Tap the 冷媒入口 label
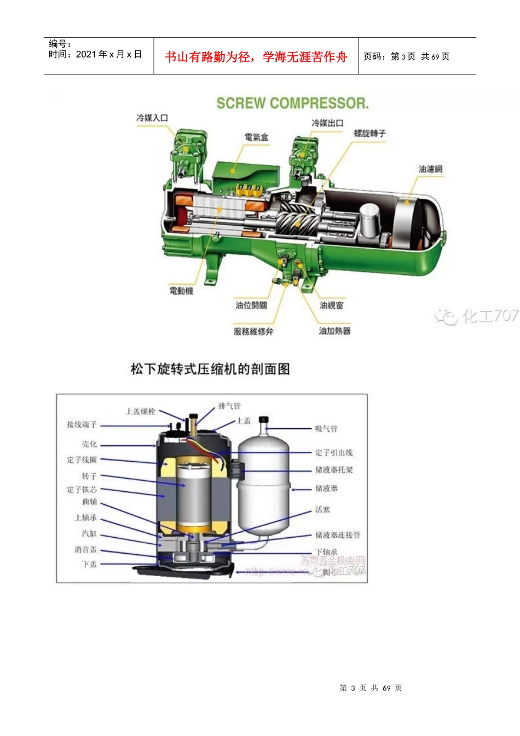(152, 118)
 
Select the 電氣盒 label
(256, 137)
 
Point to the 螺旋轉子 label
(369, 133)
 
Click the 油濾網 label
(430, 169)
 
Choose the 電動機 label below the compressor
(181, 290)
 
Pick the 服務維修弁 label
(253, 331)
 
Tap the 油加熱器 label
(334, 331)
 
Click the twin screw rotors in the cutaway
(296, 219)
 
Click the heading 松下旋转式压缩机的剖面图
(210, 369)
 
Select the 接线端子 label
(82, 424)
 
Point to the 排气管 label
(229, 406)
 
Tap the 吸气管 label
(326, 428)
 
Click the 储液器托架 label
(334, 470)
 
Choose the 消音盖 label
(85, 549)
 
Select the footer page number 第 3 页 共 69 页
(371, 688)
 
